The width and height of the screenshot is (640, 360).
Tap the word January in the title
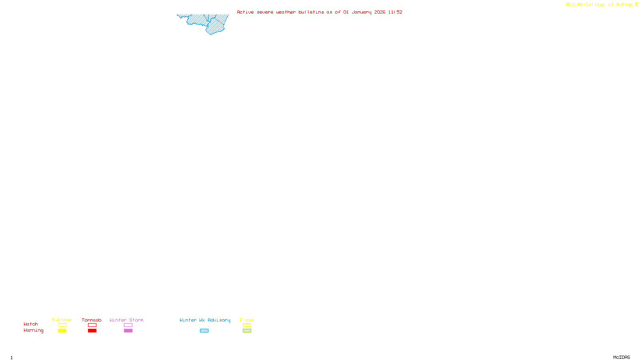click(361, 12)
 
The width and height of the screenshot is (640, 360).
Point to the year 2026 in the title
click(380, 12)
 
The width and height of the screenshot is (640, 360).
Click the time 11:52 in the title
click(395, 12)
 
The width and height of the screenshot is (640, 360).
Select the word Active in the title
click(245, 12)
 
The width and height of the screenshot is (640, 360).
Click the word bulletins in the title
click(311, 12)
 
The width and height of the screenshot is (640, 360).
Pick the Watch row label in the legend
click(31, 324)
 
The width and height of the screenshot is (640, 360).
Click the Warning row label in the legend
click(33, 330)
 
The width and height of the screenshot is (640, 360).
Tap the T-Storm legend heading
click(62, 320)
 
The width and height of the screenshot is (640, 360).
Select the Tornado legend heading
click(92, 320)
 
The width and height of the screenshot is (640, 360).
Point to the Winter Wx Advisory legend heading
click(205, 320)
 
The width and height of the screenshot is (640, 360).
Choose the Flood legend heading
click(247, 320)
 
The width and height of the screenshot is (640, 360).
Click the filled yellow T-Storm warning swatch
click(62, 331)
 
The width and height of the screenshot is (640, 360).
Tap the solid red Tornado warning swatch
click(92, 331)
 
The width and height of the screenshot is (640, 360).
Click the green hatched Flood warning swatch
click(247, 331)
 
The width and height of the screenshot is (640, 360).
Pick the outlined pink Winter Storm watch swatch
click(128, 325)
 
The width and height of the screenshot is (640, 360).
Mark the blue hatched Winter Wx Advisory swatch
click(204, 331)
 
